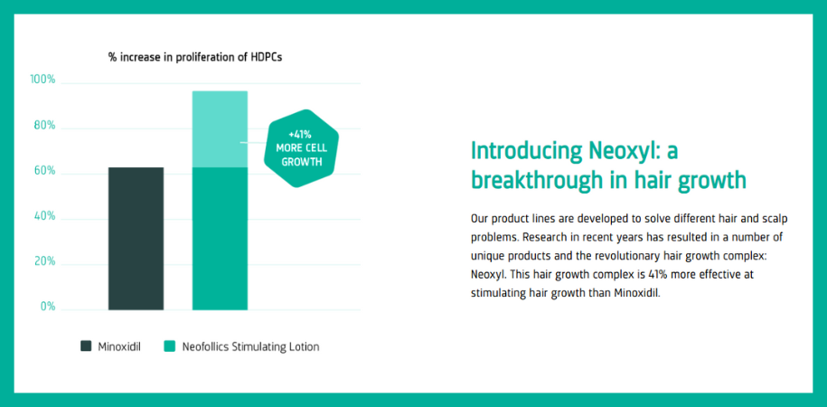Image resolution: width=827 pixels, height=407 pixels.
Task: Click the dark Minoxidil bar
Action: (x=136, y=238)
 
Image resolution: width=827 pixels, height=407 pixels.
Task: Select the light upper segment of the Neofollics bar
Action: (x=220, y=128)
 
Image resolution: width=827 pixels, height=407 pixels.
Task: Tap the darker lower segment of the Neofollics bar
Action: (x=220, y=238)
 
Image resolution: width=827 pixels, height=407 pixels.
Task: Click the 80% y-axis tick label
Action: (x=43, y=126)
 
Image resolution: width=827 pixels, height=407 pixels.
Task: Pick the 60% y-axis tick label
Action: (x=43, y=171)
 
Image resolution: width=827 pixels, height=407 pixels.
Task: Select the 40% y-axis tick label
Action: (x=43, y=217)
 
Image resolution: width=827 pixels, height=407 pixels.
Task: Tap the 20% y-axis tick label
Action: (x=43, y=262)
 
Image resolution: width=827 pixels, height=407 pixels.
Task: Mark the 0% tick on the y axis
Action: (x=46, y=308)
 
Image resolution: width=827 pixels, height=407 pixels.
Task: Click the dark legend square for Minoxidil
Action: (x=86, y=345)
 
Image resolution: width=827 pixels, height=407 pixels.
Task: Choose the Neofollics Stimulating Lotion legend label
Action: (x=250, y=346)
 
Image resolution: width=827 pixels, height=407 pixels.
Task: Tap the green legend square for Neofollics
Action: (x=169, y=345)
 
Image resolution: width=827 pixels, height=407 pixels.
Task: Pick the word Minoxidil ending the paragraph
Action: (x=633, y=293)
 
